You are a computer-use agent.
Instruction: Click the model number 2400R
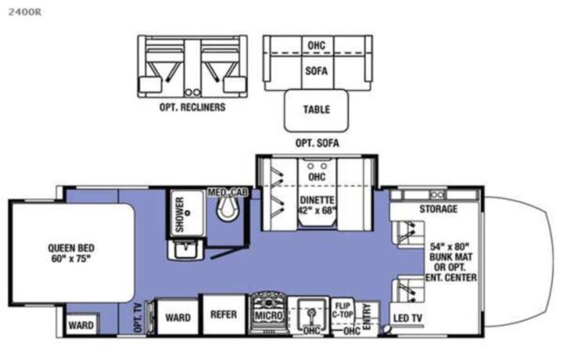click(25, 12)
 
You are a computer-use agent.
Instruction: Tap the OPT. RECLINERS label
click(192, 107)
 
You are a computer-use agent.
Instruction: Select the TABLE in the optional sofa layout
click(317, 110)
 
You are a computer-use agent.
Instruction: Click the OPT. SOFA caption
click(317, 143)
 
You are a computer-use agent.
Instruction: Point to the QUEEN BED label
click(71, 248)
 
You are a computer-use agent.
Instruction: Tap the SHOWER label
click(180, 214)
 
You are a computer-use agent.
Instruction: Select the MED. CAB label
click(228, 193)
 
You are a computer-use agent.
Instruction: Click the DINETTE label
click(317, 200)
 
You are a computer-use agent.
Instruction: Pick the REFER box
click(224, 315)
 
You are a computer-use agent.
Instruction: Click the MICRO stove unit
click(268, 313)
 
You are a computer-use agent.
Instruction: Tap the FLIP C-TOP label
click(342, 311)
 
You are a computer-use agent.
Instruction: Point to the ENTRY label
click(367, 316)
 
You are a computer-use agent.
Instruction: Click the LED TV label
click(407, 318)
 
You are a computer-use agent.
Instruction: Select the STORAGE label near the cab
click(439, 209)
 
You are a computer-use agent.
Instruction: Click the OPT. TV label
click(138, 318)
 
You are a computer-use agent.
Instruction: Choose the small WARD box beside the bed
click(81, 325)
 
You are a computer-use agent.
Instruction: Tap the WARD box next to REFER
click(178, 317)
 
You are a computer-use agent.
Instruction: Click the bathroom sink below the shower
click(185, 249)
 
